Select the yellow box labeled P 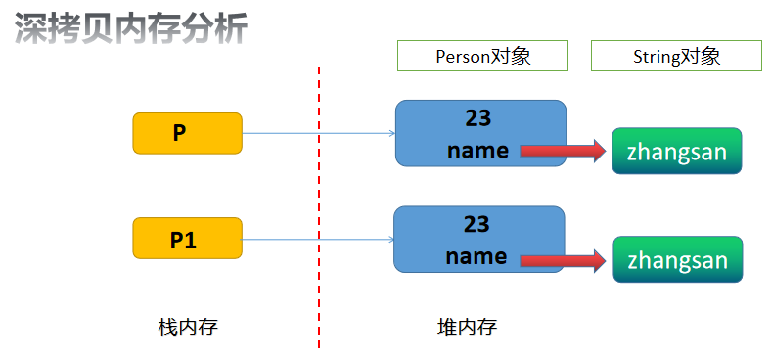point(187,133)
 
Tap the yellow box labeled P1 point(187,239)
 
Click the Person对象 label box point(482,56)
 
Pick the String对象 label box point(676,56)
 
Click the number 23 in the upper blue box point(477,119)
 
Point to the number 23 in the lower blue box point(476,225)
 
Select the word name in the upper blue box point(477,151)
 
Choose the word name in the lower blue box point(476,257)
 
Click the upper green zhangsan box point(677,152)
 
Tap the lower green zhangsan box point(677,260)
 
